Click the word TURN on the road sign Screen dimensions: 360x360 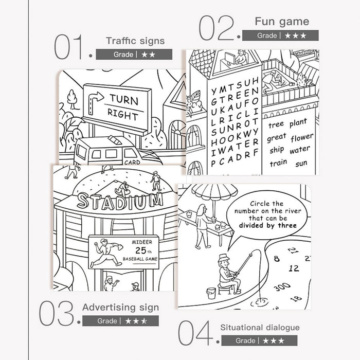(124, 100)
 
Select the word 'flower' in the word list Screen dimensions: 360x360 (302, 137)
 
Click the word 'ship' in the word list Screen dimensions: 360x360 (277, 150)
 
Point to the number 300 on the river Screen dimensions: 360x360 (282, 287)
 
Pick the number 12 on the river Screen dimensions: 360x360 (294, 268)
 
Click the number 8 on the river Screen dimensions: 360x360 (277, 259)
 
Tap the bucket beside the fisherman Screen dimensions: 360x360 (211, 293)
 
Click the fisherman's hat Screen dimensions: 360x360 (224, 258)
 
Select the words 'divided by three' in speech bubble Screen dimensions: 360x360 (268, 225)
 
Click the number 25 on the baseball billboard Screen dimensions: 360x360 (141, 250)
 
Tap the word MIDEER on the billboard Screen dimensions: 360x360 (142, 242)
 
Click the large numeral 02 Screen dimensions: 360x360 (217, 28)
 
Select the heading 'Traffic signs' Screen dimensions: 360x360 (135, 41)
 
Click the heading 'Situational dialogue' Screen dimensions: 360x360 (260, 328)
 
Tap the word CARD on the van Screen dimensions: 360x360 (132, 163)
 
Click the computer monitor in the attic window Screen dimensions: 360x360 (230, 59)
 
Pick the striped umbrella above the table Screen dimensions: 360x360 (214, 190)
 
